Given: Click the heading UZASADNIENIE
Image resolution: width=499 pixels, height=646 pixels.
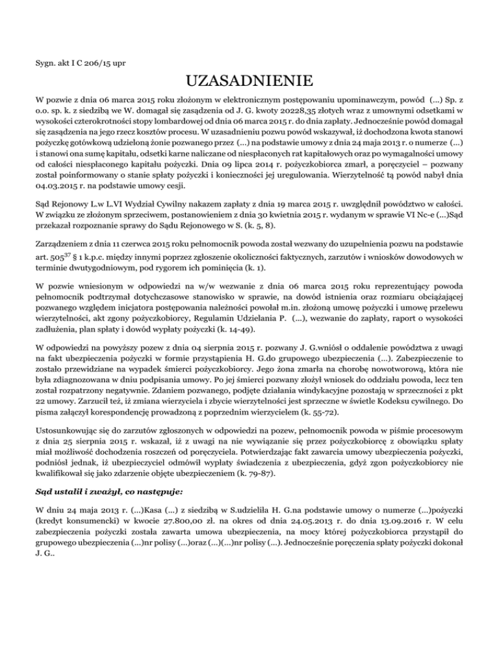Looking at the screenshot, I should (249, 83).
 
